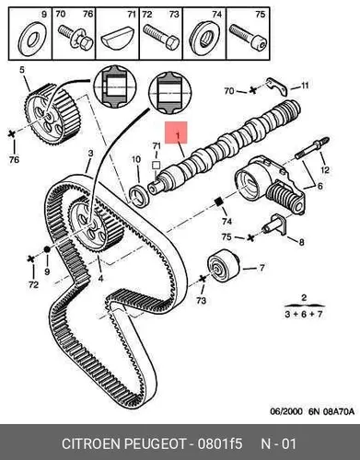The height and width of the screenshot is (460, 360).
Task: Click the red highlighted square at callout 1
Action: click(176, 132)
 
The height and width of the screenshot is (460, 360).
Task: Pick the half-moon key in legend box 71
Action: click(117, 39)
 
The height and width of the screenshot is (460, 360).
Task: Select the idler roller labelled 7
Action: click(223, 266)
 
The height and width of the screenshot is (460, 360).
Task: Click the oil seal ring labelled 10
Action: click(140, 195)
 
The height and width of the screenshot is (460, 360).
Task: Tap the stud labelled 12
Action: click(312, 148)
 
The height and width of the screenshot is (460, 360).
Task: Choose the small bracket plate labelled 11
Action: click(276, 86)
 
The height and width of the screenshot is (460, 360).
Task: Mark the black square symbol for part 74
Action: click(218, 202)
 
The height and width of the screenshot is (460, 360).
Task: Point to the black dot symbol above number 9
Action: click(47, 249)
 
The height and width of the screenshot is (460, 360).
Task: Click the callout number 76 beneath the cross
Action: click(14, 160)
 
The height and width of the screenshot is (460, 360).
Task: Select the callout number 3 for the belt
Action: click(90, 154)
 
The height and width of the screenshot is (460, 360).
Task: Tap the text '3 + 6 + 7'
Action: click(304, 315)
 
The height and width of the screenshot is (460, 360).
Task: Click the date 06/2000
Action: click(286, 411)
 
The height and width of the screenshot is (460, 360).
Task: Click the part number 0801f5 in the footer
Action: click(220, 443)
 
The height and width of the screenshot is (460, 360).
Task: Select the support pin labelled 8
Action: click(275, 225)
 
